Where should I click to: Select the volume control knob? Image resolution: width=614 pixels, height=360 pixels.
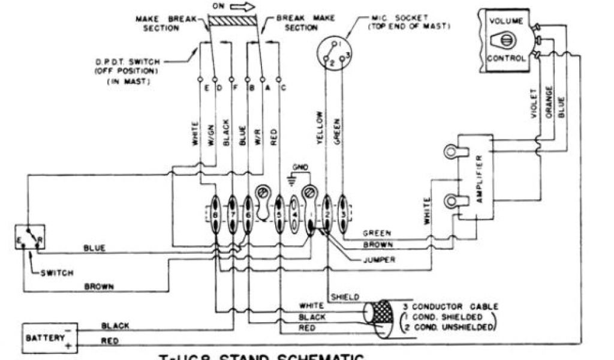(505, 40)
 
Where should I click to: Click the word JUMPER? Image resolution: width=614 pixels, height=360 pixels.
(380, 260)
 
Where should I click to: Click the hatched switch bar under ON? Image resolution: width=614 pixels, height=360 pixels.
(233, 22)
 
